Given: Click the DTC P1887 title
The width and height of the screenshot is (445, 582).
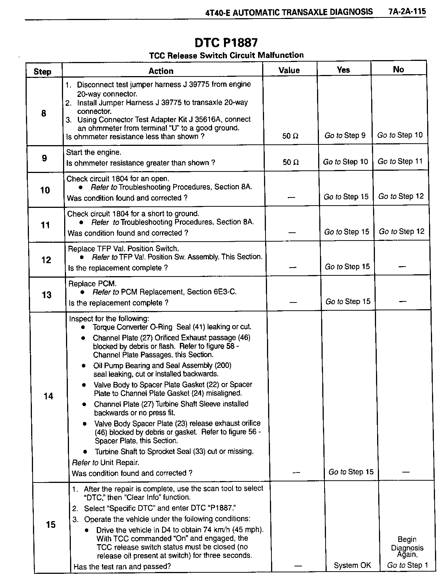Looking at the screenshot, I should (226, 43).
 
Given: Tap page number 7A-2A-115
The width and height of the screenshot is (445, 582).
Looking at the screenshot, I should (407, 12).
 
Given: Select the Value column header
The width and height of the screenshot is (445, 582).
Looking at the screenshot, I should (289, 70).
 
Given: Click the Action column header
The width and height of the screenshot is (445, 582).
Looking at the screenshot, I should (161, 71).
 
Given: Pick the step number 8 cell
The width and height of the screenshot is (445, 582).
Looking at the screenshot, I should (44, 113).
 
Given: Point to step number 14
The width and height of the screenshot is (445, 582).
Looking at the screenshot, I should (49, 396).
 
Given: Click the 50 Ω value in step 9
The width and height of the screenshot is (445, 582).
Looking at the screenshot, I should (290, 162).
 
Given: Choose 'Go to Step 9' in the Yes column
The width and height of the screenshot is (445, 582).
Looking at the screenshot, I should (345, 135).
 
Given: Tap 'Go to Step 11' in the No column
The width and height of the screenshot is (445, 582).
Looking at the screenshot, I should (400, 161).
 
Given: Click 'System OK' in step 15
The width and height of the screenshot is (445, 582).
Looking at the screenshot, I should (352, 565).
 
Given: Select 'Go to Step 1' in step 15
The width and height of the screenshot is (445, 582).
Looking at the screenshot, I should (407, 565).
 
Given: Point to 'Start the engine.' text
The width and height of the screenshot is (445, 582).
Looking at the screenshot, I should (94, 152).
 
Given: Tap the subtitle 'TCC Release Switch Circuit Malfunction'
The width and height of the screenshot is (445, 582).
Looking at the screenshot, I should (226, 55).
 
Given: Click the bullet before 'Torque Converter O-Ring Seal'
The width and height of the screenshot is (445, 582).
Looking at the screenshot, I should (84, 327).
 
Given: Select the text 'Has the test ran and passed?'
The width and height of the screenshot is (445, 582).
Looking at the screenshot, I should (122, 566).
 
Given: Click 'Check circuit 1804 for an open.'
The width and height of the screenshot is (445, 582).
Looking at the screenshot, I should (118, 179).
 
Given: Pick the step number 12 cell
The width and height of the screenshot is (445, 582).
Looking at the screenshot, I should (46, 260).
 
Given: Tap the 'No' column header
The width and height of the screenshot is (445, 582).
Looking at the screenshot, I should (398, 69).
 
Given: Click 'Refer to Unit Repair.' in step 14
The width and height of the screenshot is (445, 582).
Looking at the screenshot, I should (106, 462).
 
